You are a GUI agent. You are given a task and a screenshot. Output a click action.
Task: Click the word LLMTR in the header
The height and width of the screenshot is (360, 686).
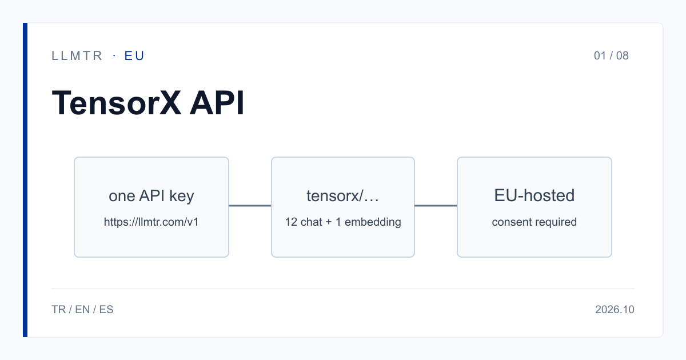(x=77, y=56)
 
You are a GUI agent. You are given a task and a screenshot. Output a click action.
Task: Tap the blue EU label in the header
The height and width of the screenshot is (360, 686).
(x=134, y=56)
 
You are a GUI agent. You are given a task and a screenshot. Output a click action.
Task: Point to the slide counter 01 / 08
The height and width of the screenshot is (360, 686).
(x=611, y=56)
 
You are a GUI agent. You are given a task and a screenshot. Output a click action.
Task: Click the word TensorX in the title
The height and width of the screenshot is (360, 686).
(x=117, y=103)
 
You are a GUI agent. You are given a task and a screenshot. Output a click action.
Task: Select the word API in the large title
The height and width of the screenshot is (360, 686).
(x=217, y=103)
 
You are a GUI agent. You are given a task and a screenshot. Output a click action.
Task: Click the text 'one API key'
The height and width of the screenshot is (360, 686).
(x=151, y=196)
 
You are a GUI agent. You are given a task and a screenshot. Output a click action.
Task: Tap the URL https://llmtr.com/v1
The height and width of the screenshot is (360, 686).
(x=151, y=222)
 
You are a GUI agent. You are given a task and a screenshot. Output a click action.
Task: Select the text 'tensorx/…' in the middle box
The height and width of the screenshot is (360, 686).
(x=342, y=196)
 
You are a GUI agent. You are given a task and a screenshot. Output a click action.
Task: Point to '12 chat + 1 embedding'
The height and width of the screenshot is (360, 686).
(x=343, y=222)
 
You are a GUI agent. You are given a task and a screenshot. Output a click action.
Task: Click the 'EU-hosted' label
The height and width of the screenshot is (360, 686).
(x=535, y=195)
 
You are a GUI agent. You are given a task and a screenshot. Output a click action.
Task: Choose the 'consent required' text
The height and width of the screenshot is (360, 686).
(x=535, y=222)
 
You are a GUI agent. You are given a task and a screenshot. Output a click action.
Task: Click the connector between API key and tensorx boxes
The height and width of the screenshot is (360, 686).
(x=250, y=206)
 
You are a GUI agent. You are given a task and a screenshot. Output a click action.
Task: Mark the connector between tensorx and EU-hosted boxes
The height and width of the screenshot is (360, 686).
(x=436, y=206)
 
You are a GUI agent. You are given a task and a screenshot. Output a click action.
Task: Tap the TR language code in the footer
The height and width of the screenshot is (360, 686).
(x=58, y=310)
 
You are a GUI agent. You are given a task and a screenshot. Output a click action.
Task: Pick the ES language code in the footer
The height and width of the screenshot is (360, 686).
(x=106, y=310)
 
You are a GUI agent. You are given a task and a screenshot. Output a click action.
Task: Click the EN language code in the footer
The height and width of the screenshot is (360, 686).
(x=82, y=310)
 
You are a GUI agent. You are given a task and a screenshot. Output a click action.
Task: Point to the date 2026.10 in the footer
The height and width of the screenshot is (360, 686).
(x=615, y=310)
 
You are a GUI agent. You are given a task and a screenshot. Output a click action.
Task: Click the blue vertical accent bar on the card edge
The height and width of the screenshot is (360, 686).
(x=25, y=180)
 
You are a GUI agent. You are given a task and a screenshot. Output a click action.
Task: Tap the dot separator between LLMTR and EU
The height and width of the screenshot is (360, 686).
(x=114, y=56)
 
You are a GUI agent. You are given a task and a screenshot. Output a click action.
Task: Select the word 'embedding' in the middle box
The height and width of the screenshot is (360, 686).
(x=373, y=222)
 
